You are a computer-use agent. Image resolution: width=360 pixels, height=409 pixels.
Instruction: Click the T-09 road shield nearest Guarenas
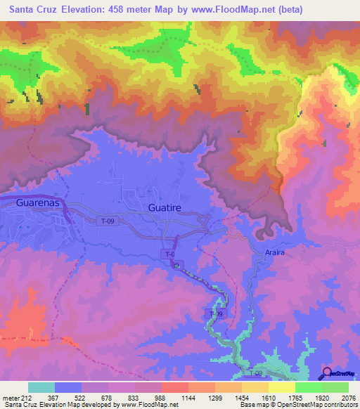(106, 221)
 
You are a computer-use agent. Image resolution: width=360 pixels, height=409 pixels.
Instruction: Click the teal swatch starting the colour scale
(41, 387)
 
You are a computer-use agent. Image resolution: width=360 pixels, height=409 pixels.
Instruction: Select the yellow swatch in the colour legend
(282, 387)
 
